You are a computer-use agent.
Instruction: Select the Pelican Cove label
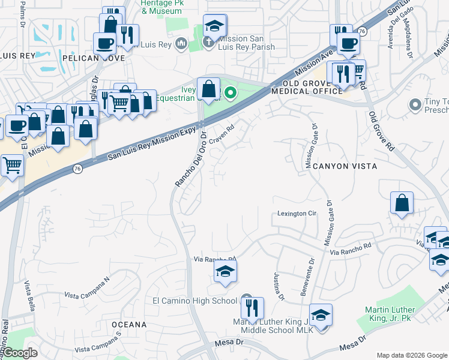coord(93,58)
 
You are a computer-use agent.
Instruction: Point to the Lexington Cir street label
coord(297,214)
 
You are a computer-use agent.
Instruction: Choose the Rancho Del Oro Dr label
coord(190,158)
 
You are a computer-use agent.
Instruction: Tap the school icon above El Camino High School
coord(226,272)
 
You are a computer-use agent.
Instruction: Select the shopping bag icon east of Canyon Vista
coord(402,203)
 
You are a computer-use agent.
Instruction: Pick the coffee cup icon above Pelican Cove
coord(105,43)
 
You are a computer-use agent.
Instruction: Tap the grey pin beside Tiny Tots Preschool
coord(415,106)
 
